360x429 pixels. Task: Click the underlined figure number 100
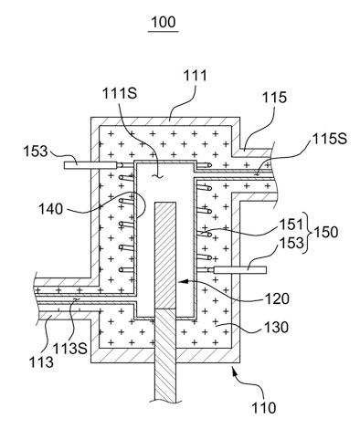coord(164,22)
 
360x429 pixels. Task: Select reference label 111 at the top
coord(196,75)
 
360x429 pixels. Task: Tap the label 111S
coord(120,93)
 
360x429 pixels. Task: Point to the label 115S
coord(329,139)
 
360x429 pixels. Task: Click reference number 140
coord(50,209)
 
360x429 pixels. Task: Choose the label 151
coord(291,225)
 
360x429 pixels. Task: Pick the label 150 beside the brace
coord(325,232)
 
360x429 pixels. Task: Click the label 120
coord(277,298)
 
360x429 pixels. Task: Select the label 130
coord(276,328)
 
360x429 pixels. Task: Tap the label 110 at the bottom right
coord(263,407)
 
